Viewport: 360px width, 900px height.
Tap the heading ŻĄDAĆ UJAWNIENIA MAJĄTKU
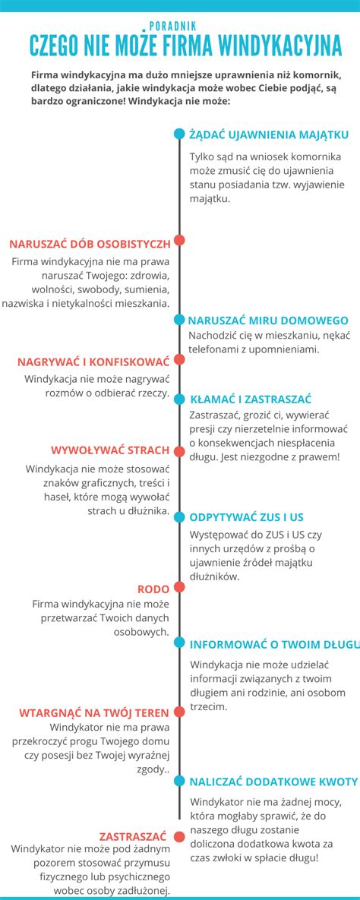(x=268, y=135)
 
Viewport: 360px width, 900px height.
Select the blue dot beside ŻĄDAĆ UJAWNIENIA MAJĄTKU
(x=179, y=134)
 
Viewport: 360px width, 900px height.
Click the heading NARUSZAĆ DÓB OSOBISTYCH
(x=90, y=243)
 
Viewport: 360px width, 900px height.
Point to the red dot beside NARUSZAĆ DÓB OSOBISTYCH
(x=179, y=241)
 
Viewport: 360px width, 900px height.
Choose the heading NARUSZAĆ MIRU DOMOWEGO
(x=268, y=321)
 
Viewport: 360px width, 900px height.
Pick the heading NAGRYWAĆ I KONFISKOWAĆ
(x=93, y=362)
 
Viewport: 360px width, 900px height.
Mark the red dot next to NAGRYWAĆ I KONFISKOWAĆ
(x=179, y=359)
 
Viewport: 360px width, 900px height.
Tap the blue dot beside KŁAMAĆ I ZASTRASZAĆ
(x=179, y=399)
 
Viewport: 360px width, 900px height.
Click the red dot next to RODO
(x=179, y=586)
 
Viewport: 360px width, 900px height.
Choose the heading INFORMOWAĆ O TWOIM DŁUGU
(x=274, y=644)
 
